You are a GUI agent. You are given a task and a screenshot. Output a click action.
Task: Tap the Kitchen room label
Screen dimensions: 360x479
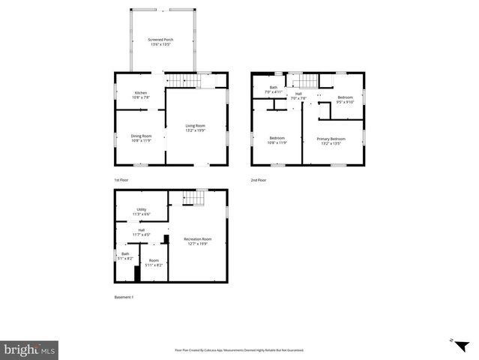coord(141,95)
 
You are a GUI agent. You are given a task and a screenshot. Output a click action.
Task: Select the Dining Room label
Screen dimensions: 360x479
coord(141,137)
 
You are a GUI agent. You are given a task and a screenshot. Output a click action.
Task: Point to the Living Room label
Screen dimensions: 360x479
coord(196,127)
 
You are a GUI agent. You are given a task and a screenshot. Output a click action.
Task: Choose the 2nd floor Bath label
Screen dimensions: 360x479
coord(275,90)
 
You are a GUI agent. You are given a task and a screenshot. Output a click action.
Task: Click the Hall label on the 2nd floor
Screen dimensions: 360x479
coord(298,96)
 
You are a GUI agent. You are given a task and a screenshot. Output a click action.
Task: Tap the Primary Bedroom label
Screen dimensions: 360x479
coord(331,140)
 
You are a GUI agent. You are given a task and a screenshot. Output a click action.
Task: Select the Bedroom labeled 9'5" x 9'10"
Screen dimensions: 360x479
coord(345,100)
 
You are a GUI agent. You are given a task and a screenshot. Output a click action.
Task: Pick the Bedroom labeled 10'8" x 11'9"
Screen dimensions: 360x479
coord(277,140)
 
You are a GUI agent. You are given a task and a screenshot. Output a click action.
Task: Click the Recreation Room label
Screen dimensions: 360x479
coord(197,241)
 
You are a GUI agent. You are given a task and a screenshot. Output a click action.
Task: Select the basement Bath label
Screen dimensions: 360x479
coord(124,256)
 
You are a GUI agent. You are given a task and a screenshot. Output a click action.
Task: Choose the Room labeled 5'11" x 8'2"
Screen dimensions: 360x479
coord(154,262)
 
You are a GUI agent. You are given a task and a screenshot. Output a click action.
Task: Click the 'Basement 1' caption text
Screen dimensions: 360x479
coord(124,298)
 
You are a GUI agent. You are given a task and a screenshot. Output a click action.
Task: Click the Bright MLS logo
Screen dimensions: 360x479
coord(29,350)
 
